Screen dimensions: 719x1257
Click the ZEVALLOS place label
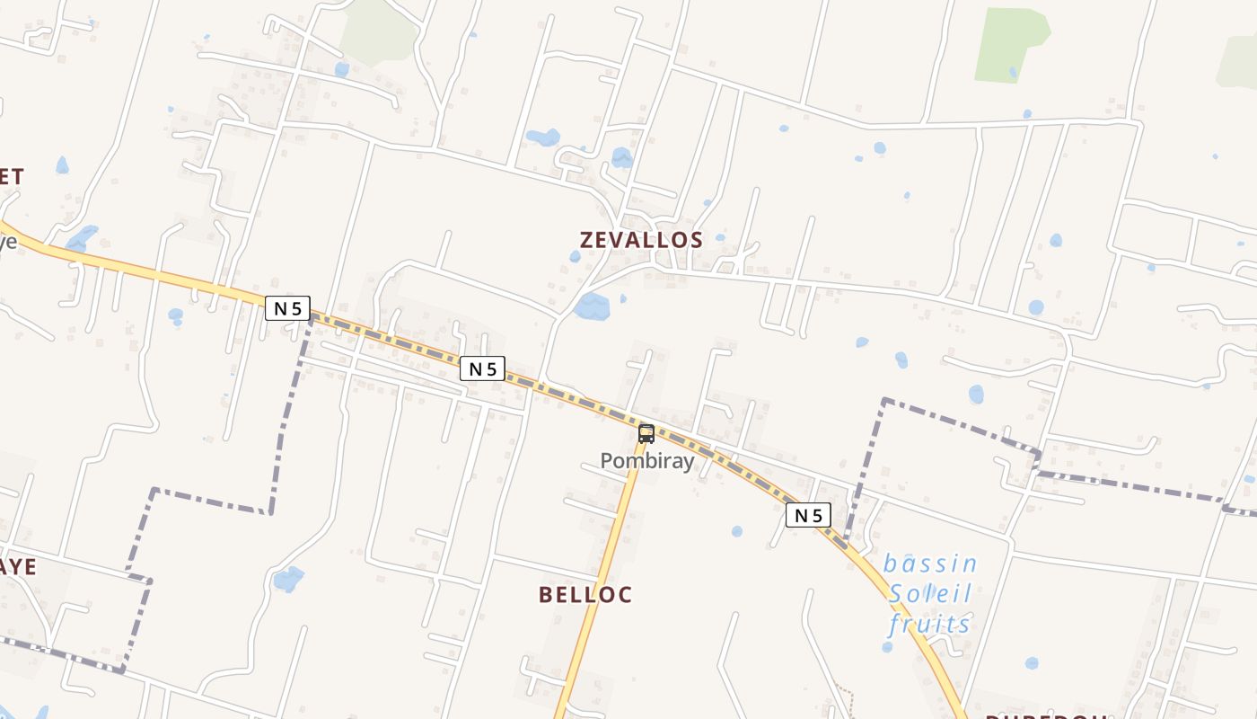[x=641, y=240]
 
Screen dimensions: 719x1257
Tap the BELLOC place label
[x=585, y=594]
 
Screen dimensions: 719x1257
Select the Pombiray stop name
[x=647, y=461]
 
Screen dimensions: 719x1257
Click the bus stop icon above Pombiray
[x=646, y=434]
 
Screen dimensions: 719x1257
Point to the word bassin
[x=930, y=564]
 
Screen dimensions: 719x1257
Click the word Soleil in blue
[x=930, y=593]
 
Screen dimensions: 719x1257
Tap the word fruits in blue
[x=930, y=623]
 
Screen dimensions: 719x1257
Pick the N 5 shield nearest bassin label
[x=808, y=515]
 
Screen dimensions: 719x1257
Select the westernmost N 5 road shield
[x=287, y=308]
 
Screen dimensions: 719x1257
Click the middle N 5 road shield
[x=482, y=368]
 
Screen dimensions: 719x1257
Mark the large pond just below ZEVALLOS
[x=592, y=306]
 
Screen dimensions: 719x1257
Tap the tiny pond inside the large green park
[x=1013, y=72]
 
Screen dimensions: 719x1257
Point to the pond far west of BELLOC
[x=288, y=579]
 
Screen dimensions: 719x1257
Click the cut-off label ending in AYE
[x=18, y=566]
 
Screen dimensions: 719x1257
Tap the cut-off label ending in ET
[x=12, y=176]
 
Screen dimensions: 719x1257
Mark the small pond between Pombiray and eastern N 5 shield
[x=736, y=531]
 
